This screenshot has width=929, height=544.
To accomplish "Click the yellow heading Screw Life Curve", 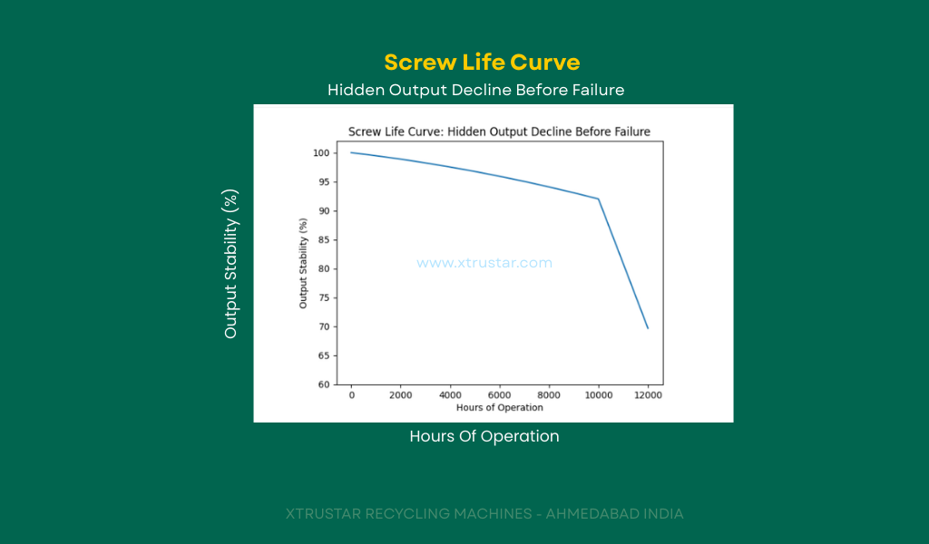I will coord(482,63).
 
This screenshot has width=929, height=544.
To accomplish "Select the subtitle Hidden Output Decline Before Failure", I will coord(475,90).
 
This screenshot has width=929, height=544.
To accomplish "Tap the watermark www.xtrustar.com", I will coord(484,263).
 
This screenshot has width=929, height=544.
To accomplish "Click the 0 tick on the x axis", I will coord(352,395).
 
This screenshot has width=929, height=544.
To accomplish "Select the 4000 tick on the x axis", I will coord(451,395).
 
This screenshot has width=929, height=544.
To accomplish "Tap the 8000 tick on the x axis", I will coord(549,395).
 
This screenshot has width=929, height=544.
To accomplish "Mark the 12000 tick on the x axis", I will coord(648,395).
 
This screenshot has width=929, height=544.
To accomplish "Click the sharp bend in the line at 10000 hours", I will coord(599,199).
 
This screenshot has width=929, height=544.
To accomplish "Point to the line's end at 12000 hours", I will coord(648,328).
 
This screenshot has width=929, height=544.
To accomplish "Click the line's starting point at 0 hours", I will coord(352,152).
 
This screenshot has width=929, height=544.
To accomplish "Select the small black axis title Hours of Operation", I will coord(500,407).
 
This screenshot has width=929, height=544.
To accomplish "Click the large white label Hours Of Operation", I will coord(484,436).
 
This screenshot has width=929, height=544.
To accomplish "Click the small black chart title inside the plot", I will coord(499,131).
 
